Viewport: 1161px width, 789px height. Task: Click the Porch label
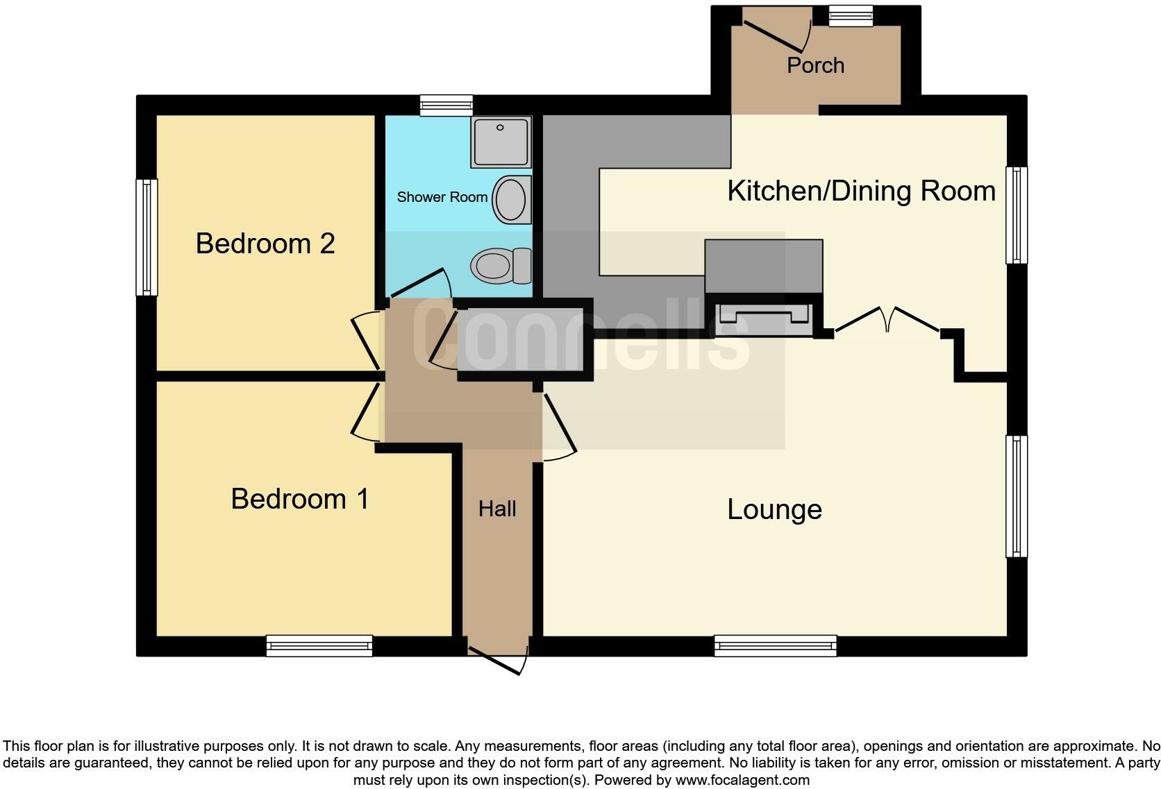[815, 65]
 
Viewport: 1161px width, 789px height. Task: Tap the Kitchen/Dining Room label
[861, 191]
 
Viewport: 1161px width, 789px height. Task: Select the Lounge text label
[774, 509]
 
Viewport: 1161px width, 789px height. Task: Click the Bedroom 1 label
[299, 499]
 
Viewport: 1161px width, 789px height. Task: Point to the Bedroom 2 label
[265, 244]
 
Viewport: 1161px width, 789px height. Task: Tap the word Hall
[497, 509]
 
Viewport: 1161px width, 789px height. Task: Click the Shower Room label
[442, 197]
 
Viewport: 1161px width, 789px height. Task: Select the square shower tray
[501, 142]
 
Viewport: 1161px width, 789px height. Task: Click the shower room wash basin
[512, 199]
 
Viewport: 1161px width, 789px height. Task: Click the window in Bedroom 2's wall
[147, 237]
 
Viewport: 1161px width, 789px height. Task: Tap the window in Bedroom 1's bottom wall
[319, 645]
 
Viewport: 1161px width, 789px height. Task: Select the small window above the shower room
[446, 105]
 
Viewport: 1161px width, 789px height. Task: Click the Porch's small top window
[851, 16]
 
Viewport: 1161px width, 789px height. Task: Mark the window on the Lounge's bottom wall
[776, 645]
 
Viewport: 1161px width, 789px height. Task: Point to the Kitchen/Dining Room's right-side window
[1017, 215]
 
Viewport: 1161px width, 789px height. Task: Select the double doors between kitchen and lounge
[887, 321]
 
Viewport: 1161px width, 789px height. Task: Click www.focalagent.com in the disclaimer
[742, 780]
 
